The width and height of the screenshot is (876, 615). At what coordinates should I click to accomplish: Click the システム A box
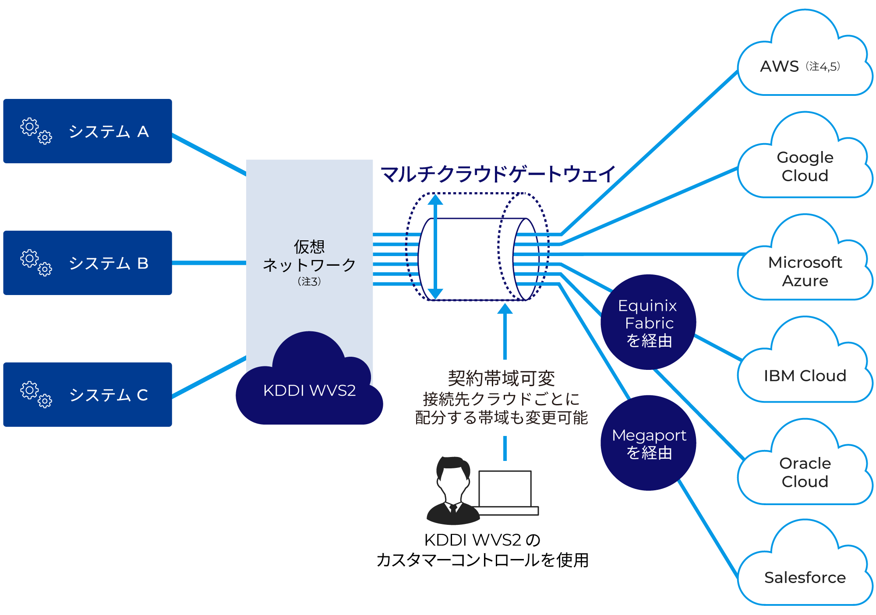tap(88, 131)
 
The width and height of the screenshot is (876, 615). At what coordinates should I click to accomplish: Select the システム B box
tap(88, 263)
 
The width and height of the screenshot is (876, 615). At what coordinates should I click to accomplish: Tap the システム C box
tap(88, 394)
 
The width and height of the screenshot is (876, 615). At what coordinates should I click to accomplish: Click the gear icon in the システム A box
tap(35, 130)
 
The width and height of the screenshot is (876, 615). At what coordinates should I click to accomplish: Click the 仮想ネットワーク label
tap(309, 257)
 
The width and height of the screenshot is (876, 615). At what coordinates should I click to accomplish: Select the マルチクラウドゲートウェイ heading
tap(498, 174)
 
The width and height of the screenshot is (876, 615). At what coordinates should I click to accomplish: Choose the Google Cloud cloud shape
tap(805, 166)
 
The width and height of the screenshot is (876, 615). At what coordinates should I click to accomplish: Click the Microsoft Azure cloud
tap(805, 271)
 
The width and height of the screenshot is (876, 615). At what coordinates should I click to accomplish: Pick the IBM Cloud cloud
tap(805, 376)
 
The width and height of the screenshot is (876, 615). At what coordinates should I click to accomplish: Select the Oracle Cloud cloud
tap(805, 472)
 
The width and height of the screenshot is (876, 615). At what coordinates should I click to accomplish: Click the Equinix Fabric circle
tap(648, 323)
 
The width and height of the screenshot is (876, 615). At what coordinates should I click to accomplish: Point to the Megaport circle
tap(648, 443)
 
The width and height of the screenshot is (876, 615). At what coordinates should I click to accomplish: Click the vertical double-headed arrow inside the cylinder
tap(435, 247)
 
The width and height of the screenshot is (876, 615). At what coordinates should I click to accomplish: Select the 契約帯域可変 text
tap(501, 379)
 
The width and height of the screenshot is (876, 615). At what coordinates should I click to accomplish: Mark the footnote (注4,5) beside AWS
tap(823, 67)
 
